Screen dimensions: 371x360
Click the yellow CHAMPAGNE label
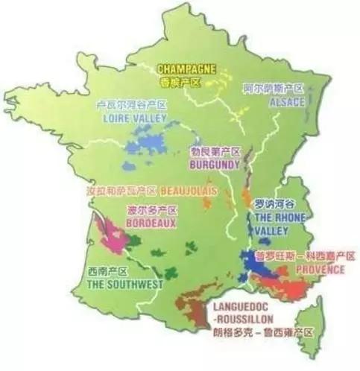tap(186, 69)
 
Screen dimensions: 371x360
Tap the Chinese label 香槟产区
tap(180, 81)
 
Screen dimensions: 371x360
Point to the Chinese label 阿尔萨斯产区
tap(272, 88)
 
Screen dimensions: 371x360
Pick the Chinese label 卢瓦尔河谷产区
tap(131, 105)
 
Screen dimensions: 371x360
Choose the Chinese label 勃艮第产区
tap(215, 150)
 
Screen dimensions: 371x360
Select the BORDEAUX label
tap(151, 222)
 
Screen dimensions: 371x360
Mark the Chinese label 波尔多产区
tap(152, 210)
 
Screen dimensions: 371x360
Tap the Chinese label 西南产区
tap(109, 272)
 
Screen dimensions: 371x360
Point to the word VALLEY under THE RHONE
tap(274, 230)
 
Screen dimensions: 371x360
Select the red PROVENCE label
tap(320, 269)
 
